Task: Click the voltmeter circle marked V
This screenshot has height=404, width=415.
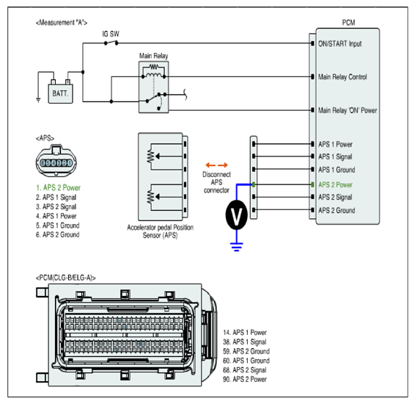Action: [237, 214]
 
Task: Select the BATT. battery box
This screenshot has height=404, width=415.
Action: [60, 93]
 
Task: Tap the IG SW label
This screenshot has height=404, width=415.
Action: [111, 34]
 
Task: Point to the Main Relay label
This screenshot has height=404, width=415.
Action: [153, 56]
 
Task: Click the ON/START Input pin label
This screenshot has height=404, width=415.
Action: [339, 44]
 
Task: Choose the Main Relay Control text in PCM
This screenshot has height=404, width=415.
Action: [342, 77]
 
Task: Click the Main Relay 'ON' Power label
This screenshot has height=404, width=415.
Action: [348, 110]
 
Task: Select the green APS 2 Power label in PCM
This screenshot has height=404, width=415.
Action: [335, 185]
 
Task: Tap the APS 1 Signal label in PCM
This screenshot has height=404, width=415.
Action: [335, 156]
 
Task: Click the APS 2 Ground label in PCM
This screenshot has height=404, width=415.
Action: [337, 211]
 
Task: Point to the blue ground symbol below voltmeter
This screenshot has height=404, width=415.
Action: [237, 247]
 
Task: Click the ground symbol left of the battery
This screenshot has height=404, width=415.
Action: [38, 100]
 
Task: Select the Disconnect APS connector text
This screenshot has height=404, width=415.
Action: [216, 182]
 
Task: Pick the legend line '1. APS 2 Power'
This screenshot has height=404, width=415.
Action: [58, 188]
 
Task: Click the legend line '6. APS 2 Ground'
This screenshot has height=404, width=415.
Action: [58, 234]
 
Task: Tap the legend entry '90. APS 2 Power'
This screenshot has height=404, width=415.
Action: [245, 379]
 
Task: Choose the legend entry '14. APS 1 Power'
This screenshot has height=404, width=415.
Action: [245, 333]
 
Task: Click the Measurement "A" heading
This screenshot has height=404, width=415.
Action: [62, 23]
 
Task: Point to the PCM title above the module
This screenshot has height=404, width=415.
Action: [348, 23]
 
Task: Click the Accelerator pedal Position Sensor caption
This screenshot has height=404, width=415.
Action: [160, 231]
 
